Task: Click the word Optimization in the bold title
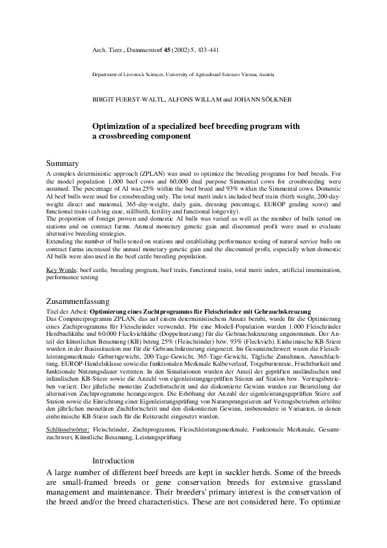[120, 126]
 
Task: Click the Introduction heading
[113, 461]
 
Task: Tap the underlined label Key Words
[61, 269]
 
